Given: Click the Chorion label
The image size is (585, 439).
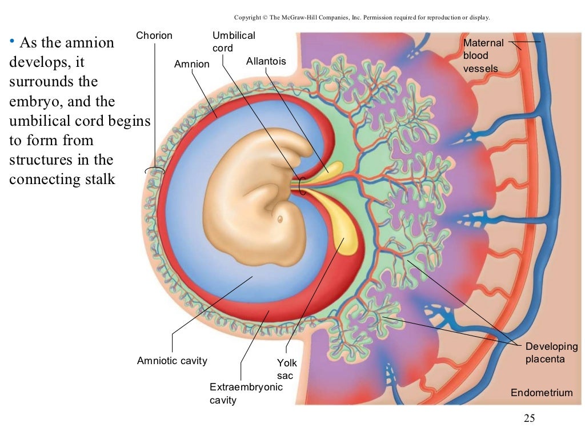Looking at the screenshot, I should [154, 36].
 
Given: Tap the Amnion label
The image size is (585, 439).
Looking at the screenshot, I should [192, 64].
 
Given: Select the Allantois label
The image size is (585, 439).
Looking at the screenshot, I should [266, 61].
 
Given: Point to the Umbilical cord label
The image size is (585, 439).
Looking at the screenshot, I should [234, 42].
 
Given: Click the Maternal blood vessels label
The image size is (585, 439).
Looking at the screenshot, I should [483, 56].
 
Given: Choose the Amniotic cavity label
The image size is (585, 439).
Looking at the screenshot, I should [172, 361].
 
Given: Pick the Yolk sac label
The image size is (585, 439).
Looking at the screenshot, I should [287, 369].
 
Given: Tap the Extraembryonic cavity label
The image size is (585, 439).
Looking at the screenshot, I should [246, 393].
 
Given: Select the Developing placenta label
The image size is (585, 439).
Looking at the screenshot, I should [551, 353].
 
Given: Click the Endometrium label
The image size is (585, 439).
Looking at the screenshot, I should [542, 393].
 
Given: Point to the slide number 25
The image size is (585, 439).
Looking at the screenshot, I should [529, 419].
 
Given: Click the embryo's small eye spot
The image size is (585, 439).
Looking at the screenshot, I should [280, 219].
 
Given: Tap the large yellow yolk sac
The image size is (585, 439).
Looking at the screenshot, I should [346, 234].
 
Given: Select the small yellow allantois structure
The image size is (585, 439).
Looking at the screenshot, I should [331, 169].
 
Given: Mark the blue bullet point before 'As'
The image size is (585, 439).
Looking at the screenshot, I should [12, 41].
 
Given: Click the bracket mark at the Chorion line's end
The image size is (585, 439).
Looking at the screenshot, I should [154, 170].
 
